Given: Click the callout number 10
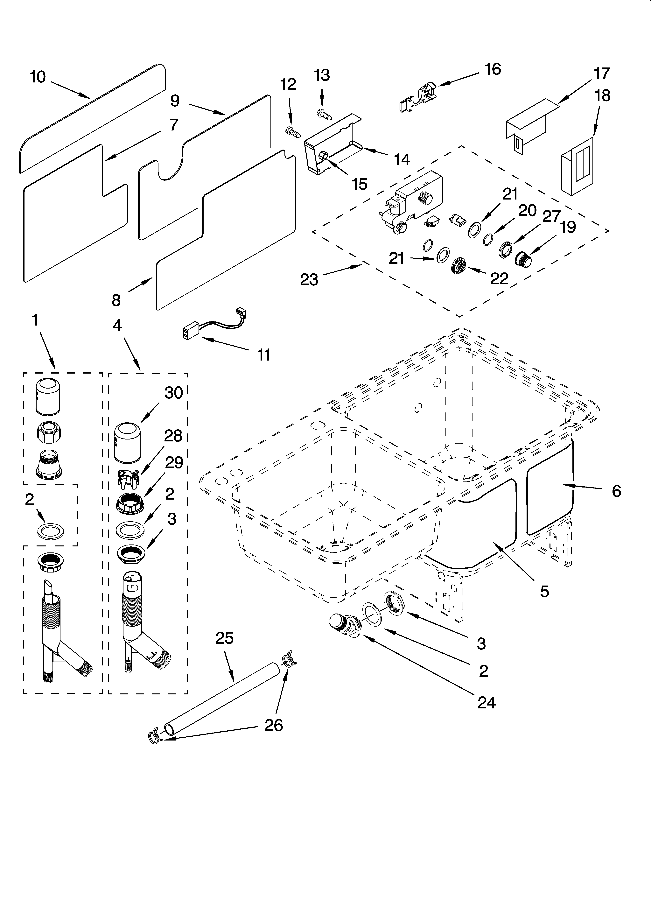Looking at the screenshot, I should [38, 77].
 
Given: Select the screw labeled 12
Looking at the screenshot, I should [293, 132].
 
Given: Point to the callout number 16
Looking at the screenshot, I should [493, 69].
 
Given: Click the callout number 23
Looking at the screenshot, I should [309, 279].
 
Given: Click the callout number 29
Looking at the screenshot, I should [174, 463].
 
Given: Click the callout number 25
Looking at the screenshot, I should [224, 638].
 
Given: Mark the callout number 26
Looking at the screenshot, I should [274, 725].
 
